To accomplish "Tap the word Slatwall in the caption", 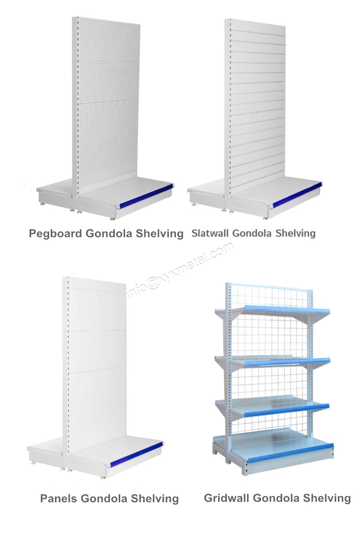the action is pos(211,233).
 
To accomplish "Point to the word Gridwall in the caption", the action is pos(227,498).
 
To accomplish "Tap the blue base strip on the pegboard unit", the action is pos(147,195).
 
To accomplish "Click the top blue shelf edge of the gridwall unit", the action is pos(287,309).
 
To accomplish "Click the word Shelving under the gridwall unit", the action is pos(327,498).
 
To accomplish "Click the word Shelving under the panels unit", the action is pos(154,499).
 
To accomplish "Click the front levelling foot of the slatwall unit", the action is pos(265,218).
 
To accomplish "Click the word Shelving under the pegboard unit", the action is pos(159,234).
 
